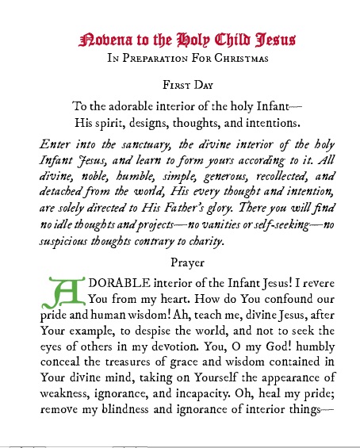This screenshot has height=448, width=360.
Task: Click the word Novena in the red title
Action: (108, 39)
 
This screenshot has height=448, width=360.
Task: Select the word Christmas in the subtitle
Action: (239, 58)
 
